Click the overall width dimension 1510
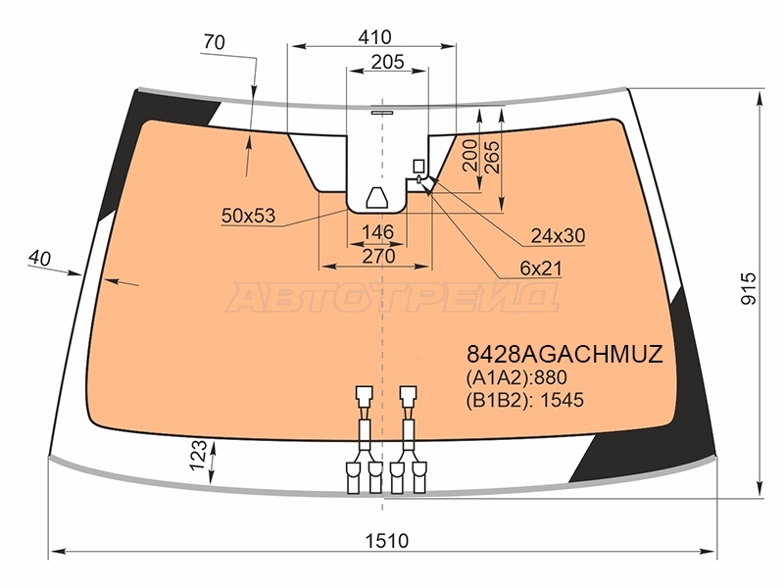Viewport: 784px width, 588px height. point(386,541)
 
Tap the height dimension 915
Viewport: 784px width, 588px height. point(749,288)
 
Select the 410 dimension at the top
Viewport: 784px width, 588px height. point(375,37)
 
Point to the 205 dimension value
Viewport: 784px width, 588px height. point(387,62)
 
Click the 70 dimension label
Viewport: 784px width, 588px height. point(215,42)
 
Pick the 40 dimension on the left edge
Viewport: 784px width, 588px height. point(39,258)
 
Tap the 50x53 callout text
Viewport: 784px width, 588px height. point(249,216)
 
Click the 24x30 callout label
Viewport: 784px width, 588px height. point(558,235)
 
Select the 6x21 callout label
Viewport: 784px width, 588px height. point(541,269)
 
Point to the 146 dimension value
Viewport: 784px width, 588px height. point(377,232)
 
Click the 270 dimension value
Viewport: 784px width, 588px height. point(378,256)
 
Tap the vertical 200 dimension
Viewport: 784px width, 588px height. point(470,156)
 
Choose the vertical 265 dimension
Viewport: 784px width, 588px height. point(492,157)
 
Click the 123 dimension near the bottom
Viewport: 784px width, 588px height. point(199,455)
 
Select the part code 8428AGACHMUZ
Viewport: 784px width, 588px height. point(564,354)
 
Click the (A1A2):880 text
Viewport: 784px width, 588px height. point(516,377)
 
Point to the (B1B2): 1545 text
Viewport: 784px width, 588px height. point(524,400)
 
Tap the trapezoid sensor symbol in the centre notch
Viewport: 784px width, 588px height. point(377,198)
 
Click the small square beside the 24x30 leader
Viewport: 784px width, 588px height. point(418,166)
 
